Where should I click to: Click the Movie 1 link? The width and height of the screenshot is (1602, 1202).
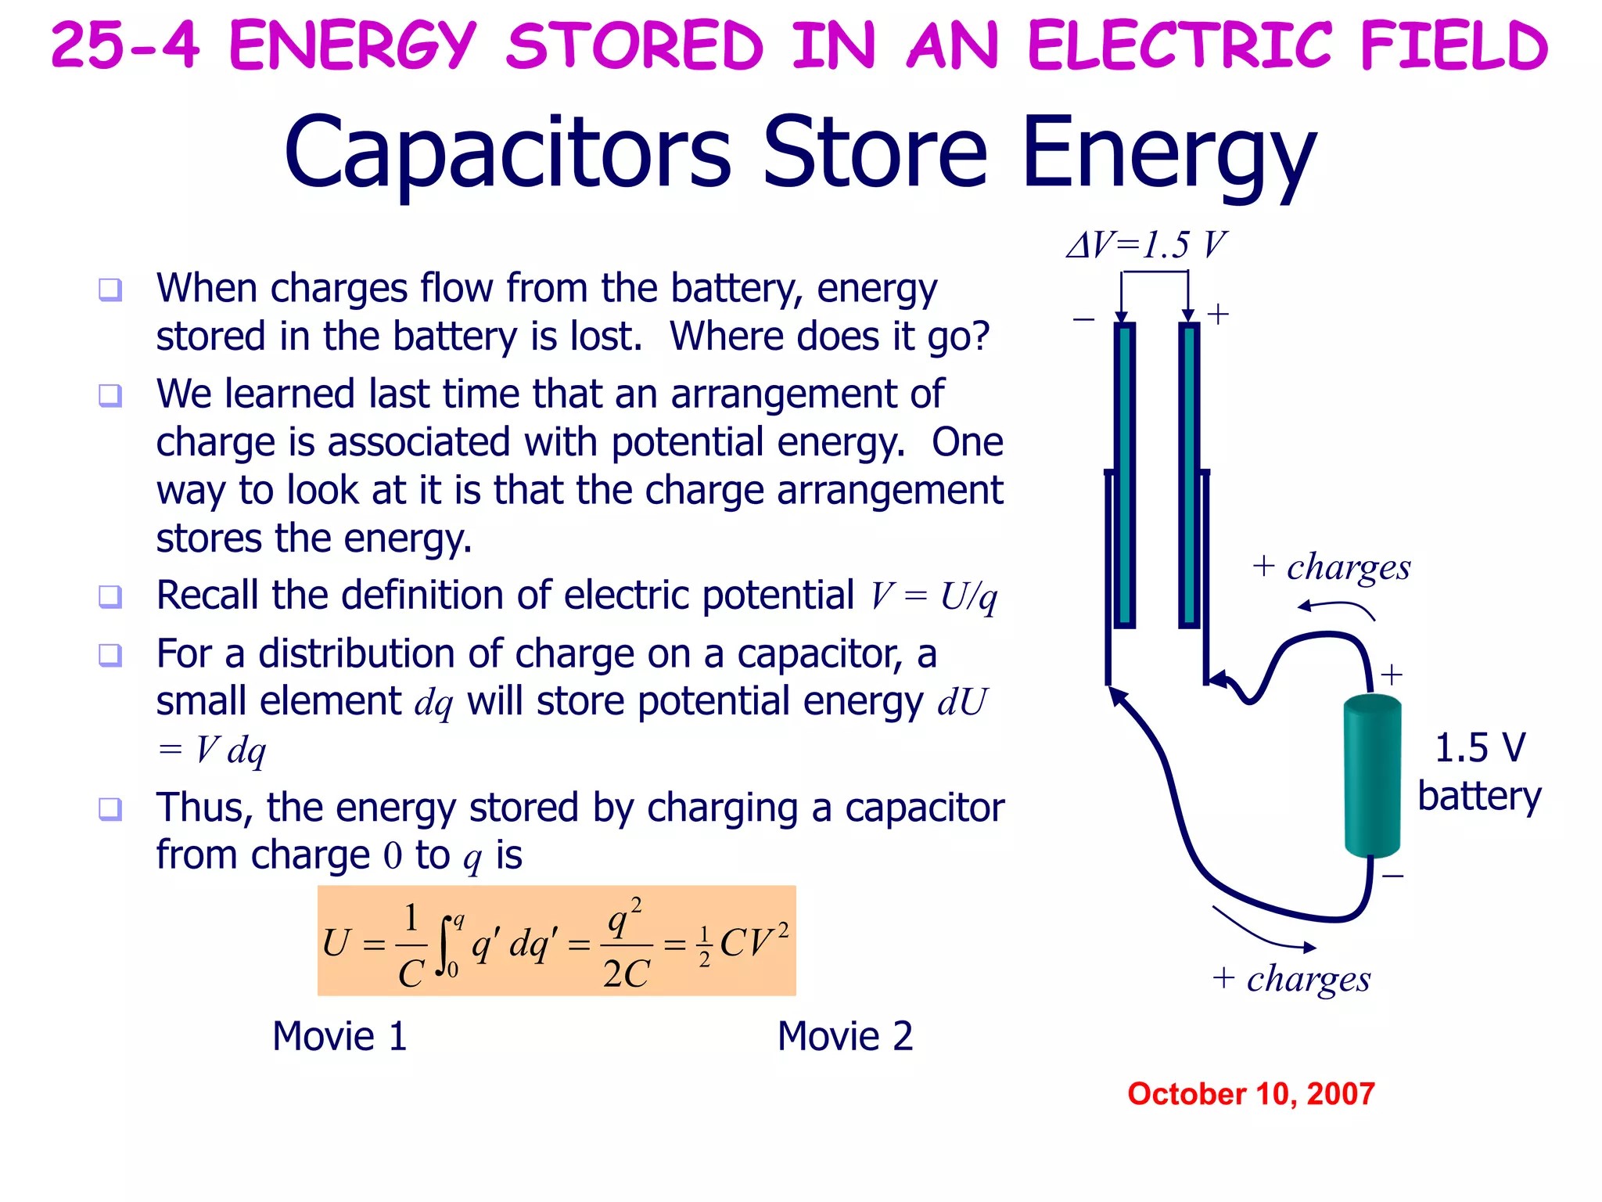pyautogui.click(x=339, y=1037)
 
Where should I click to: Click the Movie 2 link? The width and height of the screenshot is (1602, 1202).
pyautogui.click(x=845, y=1037)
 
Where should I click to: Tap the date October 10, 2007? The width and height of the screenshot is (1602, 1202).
pyautogui.click(x=1250, y=1094)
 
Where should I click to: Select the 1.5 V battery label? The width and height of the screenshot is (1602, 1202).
pyautogui.click(x=1478, y=772)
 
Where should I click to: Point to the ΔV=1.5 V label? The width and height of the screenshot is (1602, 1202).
pyautogui.click(x=1147, y=246)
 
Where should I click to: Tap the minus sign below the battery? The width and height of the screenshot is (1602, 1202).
pyautogui.click(x=1393, y=876)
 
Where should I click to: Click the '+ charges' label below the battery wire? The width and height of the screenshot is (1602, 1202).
pyautogui.click(x=1291, y=979)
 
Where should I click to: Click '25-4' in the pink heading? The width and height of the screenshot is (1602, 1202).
pyautogui.click(x=125, y=45)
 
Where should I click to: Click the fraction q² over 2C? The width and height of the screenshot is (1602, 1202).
pyautogui.click(x=626, y=945)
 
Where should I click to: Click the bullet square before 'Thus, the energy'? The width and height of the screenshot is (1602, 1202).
pyautogui.click(x=110, y=808)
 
